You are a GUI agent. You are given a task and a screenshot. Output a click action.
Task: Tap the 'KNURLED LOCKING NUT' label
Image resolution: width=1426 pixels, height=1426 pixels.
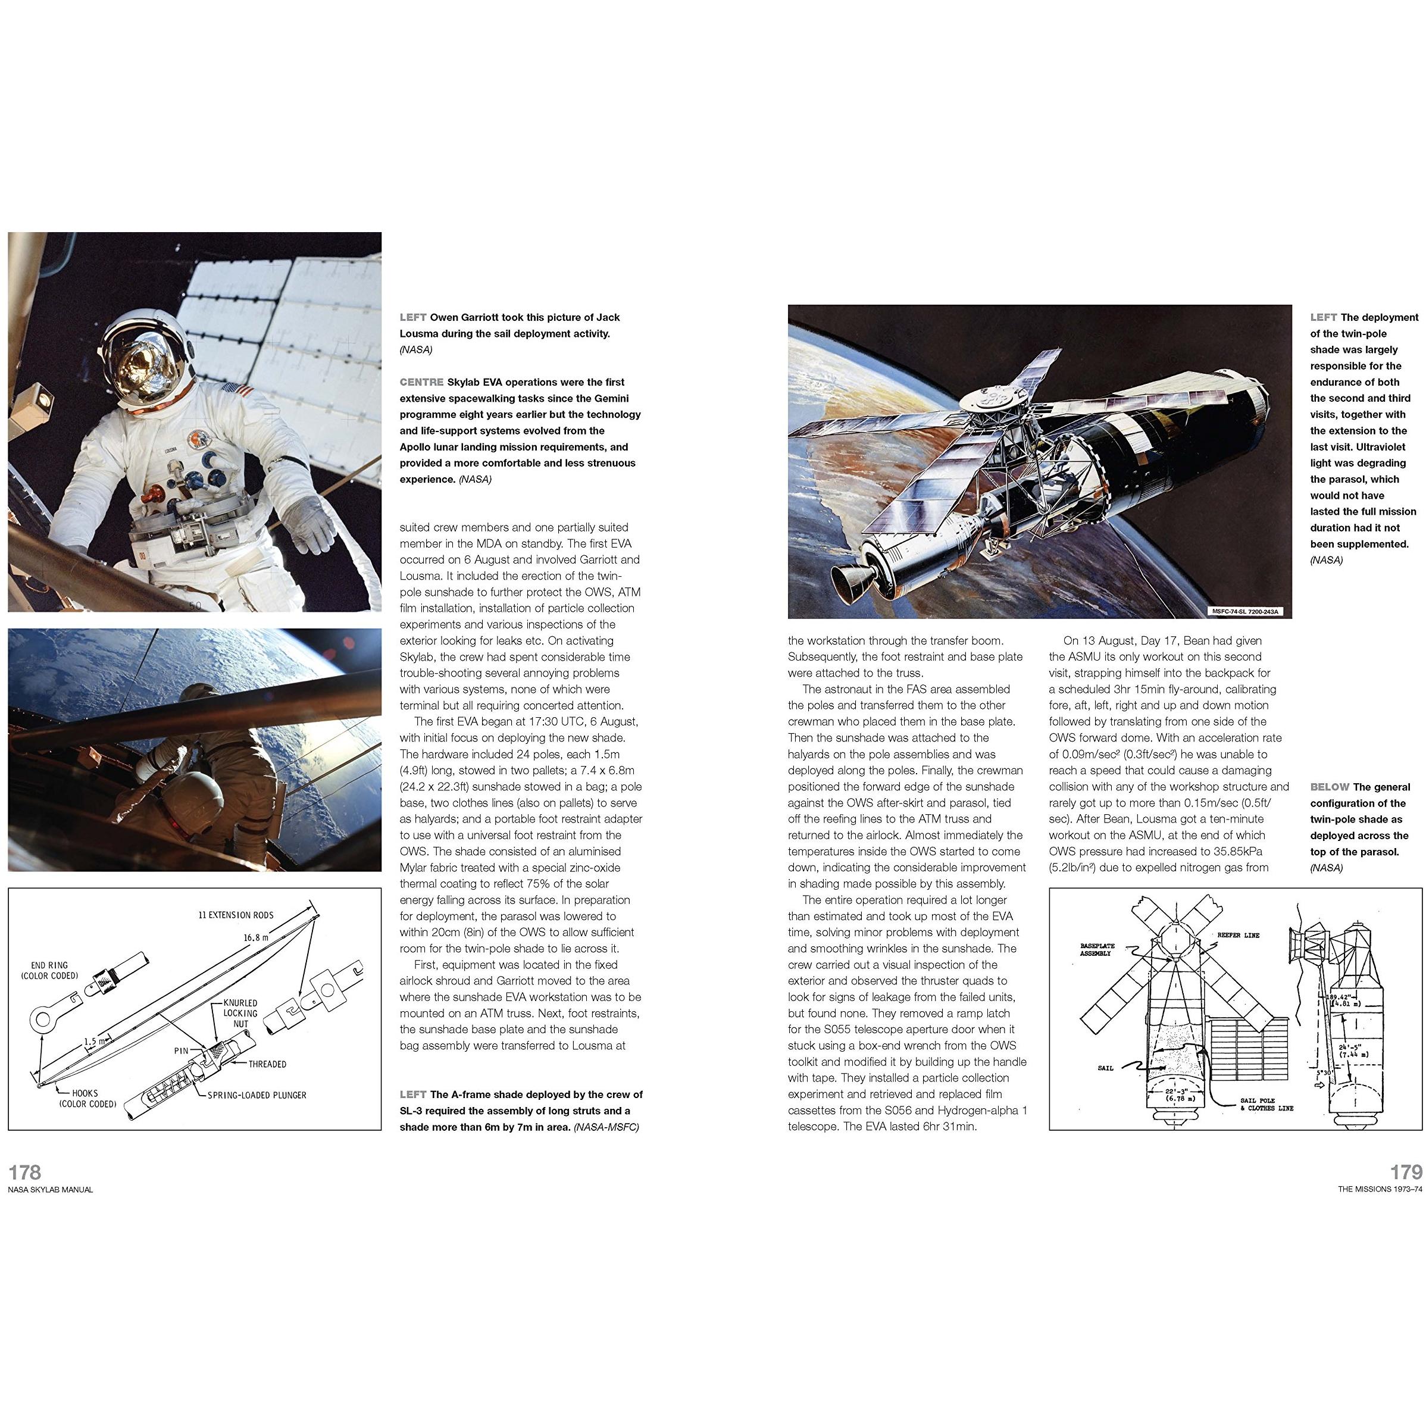(240, 1013)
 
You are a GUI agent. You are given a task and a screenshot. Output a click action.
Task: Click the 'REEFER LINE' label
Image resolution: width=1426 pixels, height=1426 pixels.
(1239, 935)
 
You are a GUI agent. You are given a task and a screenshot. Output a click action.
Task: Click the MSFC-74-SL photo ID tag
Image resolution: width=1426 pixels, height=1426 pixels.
(1247, 611)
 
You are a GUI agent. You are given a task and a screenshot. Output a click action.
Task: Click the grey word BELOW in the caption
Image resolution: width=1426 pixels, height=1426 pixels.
(1330, 787)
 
